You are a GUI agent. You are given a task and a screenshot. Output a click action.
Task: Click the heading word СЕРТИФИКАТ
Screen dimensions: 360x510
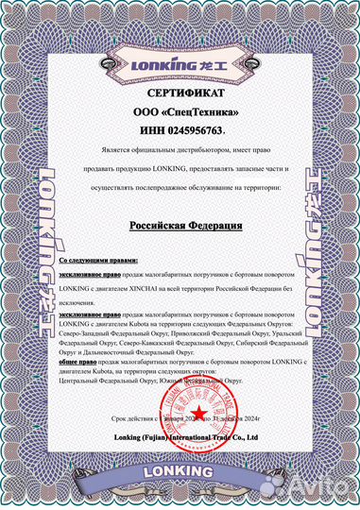click(180, 96)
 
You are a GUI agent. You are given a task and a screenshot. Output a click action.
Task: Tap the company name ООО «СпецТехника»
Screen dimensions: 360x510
click(180, 112)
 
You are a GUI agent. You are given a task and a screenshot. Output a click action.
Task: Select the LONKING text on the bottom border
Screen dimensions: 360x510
click(180, 468)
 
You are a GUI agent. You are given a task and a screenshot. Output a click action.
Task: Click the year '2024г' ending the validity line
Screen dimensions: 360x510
click(252, 419)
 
